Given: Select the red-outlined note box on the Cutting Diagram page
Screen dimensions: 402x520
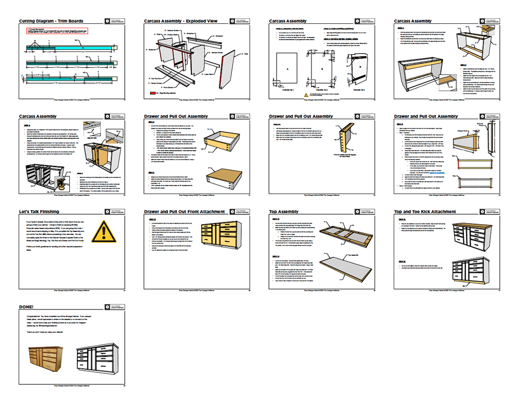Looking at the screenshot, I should click(57, 31).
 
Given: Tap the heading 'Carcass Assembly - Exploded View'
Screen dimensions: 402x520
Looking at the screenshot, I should click(180, 21).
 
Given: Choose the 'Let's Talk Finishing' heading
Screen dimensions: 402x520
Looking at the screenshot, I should click(38, 212).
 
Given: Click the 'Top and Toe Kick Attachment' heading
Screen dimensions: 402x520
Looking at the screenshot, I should click(425, 212).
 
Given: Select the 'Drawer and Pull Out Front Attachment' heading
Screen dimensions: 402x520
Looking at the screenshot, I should click(184, 212).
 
